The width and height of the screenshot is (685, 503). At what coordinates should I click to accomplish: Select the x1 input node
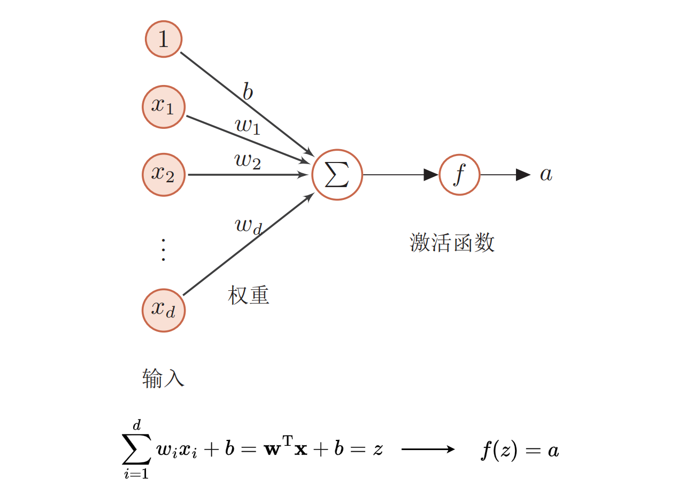point(164,106)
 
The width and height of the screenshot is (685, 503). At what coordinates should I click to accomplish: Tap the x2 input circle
point(164,174)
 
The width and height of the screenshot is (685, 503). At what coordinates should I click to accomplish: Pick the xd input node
point(164,309)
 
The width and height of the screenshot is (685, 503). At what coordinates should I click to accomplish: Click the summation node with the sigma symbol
point(337,174)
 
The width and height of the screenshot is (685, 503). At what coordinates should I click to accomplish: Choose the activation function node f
point(459,174)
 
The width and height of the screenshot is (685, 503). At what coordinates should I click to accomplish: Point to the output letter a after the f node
point(545,174)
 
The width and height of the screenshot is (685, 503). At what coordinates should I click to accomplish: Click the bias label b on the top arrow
point(248,91)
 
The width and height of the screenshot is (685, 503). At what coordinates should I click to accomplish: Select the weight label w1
point(247,126)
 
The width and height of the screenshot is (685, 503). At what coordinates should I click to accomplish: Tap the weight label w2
point(248,160)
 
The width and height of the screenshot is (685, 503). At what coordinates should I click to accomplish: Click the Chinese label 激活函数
point(452,243)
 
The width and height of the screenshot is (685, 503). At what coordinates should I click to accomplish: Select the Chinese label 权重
point(248,295)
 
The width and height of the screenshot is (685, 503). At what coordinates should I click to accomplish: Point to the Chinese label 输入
point(163,378)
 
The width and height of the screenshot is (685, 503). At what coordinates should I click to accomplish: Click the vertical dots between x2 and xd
point(163,250)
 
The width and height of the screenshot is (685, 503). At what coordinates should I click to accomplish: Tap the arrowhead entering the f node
point(431,174)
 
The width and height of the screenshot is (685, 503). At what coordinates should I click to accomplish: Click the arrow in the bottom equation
point(428,450)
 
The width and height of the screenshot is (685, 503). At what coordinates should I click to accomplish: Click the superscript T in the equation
point(288,440)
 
